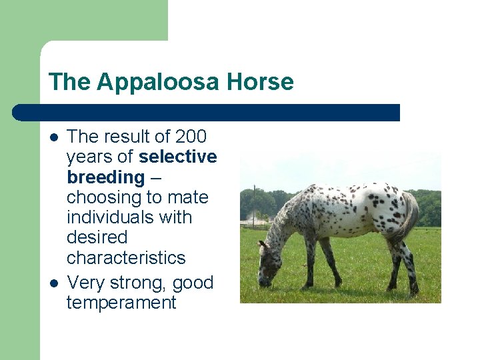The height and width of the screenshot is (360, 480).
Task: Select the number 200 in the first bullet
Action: (x=191, y=137)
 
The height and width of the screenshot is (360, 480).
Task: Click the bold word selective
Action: (x=178, y=157)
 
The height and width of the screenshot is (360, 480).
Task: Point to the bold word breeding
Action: (x=105, y=177)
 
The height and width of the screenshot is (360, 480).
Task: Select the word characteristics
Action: (x=125, y=257)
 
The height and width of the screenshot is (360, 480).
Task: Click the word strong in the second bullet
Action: (x=143, y=283)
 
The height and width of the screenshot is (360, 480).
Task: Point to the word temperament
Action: (x=121, y=303)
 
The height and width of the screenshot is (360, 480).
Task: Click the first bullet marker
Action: (x=54, y=137)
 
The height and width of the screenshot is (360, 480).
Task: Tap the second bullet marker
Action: (x=54, y=283)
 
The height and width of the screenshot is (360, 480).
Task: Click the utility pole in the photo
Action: (x=253, y=207)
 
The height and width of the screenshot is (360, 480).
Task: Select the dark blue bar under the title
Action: (x=207, y=113)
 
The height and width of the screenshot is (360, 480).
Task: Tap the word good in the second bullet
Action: (x=193, y=283)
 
